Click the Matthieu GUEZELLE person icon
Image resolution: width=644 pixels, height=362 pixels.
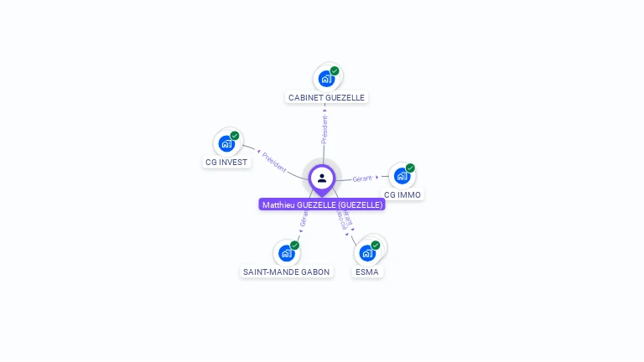322,178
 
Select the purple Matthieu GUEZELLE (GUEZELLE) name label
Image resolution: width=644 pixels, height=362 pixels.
322,204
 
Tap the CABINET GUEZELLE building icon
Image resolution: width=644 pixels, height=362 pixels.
325,79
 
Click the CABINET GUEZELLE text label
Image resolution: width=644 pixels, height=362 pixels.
326,97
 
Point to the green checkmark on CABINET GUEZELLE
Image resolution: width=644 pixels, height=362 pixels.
335,71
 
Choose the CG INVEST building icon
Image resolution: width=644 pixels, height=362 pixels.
226,143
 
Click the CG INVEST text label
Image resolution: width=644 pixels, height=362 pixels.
226,162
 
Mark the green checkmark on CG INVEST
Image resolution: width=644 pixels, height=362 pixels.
235,136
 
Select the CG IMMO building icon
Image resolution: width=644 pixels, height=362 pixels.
401,176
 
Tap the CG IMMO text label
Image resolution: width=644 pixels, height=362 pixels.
402,194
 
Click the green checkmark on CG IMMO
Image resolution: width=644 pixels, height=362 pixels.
410,168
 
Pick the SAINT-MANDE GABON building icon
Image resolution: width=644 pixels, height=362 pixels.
286,253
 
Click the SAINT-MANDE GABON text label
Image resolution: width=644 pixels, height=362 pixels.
286,271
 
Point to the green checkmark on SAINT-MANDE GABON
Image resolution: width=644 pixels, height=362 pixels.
294,246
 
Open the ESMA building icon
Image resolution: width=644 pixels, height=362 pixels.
366,253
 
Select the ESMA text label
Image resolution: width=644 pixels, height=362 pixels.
366,271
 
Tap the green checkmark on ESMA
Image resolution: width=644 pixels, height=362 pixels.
376,246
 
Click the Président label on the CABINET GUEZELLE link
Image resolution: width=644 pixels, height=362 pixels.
325,127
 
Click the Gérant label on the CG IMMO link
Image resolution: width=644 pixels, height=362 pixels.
362,178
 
